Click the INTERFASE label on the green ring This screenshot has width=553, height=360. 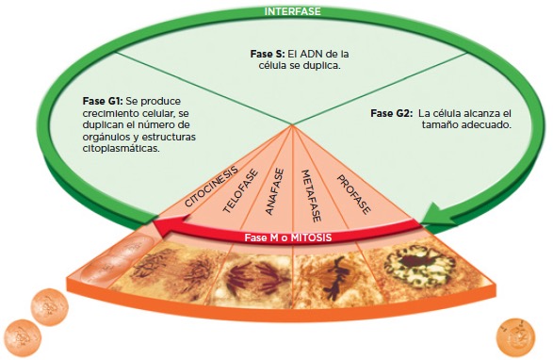292,11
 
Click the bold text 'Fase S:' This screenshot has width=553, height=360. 268,54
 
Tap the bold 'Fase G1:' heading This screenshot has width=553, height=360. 103,101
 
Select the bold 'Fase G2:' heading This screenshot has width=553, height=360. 392,113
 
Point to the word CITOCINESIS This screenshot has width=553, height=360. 211,187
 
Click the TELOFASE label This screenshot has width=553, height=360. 240,191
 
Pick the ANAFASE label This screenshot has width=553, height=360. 274,191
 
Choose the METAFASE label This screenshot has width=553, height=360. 312,196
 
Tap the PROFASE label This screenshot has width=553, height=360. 353,194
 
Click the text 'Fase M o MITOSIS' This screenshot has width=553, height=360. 288,237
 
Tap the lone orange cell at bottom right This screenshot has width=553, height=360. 515,337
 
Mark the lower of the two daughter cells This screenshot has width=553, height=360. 23,337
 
